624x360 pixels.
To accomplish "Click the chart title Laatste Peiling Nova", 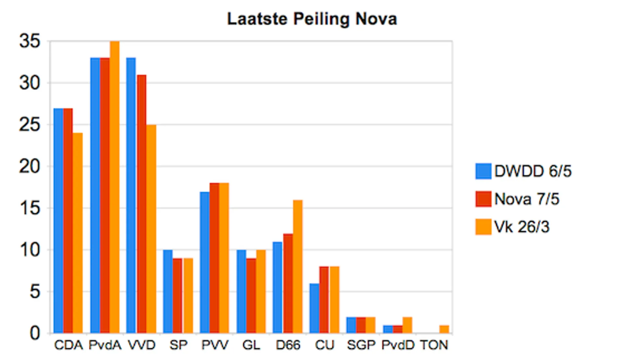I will click(312, 19).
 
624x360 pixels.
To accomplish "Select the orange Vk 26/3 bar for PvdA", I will click(114, 187).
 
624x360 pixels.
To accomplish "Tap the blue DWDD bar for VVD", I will click(131, 195).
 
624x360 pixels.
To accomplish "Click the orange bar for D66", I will click(298, 267).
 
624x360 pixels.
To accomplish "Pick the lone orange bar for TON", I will click(444, 329).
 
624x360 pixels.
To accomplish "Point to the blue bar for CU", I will click(314, 308).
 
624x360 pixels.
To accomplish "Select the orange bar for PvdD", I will click(407, 325).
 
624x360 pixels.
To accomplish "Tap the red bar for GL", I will click(251, 296).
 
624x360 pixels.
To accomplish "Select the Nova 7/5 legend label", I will click(526, 199).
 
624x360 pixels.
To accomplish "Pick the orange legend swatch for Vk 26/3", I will click(483, 227).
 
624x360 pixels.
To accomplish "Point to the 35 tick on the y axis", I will click(30, 41).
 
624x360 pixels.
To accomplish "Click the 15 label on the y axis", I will click(30, 208).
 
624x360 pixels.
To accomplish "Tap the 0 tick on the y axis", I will click(35, 333).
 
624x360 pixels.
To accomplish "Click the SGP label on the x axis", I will click(361, 345).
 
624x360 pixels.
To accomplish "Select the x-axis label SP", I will click(178, 345).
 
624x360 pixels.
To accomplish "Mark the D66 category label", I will click(288, 345).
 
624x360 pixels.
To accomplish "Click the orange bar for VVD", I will click(151, 229).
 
